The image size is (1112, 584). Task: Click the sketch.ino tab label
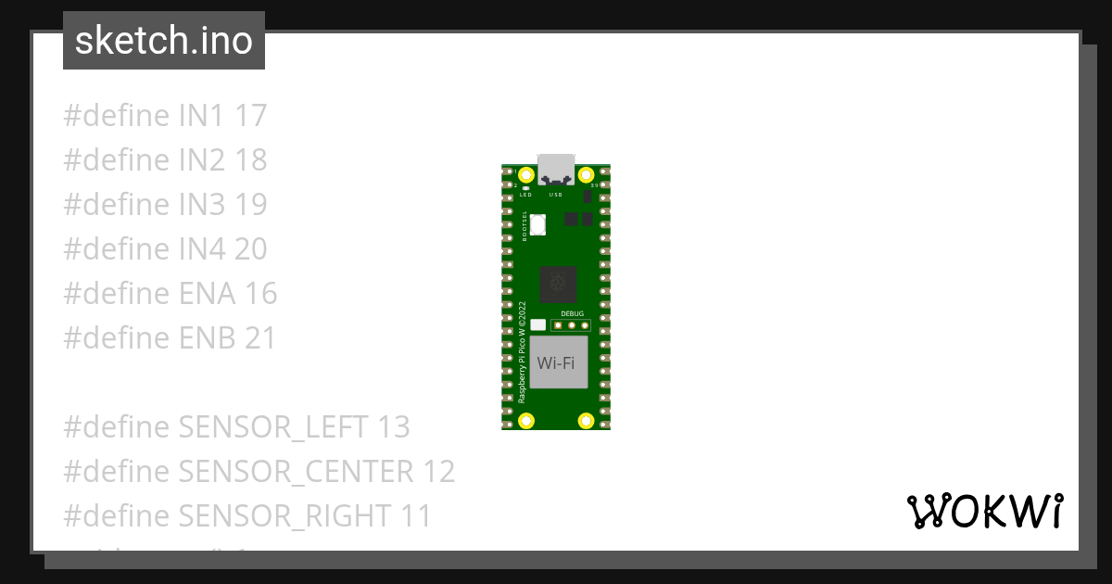click(x=163, y=41)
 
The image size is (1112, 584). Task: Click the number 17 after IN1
click(x=250, y=116)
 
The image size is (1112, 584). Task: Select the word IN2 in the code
click(x=202, y=160)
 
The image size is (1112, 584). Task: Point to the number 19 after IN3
click(x=250, y=205)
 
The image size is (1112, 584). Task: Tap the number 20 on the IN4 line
click(x=250, y=249)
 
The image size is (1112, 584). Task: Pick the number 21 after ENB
click(x=260, y=338)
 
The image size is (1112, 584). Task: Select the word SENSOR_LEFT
click(x=274, y=427)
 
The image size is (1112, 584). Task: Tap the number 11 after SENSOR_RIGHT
click(x=416, y=516)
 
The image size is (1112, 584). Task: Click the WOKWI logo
click(x=985, y=511)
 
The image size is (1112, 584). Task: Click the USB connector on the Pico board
click(x=556, y=167)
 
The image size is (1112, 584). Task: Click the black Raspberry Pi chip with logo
click(x=558, y=285)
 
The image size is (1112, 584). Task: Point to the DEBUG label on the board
click(x=573, y=314)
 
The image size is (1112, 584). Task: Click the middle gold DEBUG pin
click(x=573, y=324)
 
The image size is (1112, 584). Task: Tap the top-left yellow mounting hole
click(x=526, y=175)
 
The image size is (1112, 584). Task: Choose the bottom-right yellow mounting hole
click(x=586, y=421)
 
